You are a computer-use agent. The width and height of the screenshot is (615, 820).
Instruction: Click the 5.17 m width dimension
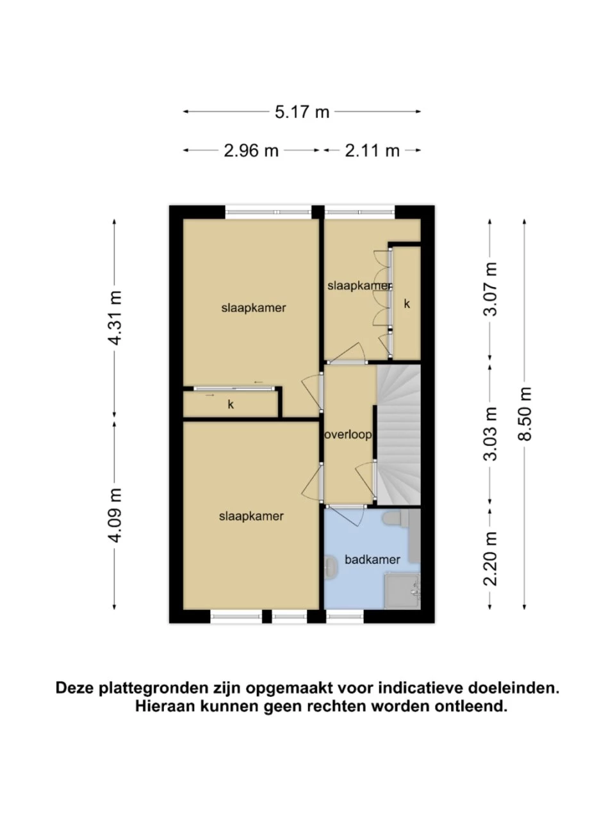point(302,111)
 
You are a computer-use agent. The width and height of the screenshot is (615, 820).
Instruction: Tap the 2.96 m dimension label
point(251,151)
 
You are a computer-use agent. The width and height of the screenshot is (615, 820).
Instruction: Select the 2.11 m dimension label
point(372,151)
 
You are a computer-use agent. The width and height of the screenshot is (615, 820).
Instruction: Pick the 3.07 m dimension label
point(490,289)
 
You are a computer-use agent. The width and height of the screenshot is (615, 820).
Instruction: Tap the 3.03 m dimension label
point(490,433)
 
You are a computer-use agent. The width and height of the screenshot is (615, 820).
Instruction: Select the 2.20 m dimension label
point(490,559)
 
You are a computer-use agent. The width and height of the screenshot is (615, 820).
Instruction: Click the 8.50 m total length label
point(525,414)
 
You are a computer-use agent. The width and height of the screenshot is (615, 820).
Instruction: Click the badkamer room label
point(372,559)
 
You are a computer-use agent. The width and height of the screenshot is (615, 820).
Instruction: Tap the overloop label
point(348,435)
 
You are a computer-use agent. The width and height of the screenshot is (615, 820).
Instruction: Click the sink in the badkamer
point(331,568)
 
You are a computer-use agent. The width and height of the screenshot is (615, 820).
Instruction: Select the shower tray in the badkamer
point(402,593)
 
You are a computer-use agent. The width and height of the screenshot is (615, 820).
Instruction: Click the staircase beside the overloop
point(398,435)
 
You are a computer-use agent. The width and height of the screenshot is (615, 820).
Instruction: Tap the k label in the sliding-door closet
point(231,404)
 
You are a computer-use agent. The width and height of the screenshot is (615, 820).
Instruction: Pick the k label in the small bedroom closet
point(407,304)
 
